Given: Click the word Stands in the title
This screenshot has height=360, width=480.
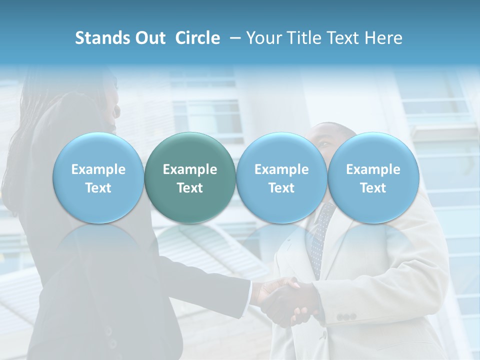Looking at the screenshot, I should point(102,38).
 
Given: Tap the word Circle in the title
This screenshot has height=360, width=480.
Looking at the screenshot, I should point(197,38).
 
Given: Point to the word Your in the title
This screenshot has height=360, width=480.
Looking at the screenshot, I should point(263,38).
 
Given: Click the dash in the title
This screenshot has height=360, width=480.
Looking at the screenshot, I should point(234,38).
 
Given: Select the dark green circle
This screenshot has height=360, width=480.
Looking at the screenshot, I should point(190,178).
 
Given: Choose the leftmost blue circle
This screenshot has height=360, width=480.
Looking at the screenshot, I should point(98,178).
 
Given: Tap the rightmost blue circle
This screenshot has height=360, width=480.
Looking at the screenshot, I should point(373,178).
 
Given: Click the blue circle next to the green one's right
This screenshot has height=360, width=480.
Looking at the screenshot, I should point(281,178).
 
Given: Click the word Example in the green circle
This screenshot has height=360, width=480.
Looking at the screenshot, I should point(190,169).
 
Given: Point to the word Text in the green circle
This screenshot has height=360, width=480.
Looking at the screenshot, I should point(190,188).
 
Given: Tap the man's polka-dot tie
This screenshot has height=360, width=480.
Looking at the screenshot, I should point(318,240).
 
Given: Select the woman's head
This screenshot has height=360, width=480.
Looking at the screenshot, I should point(97,100).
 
